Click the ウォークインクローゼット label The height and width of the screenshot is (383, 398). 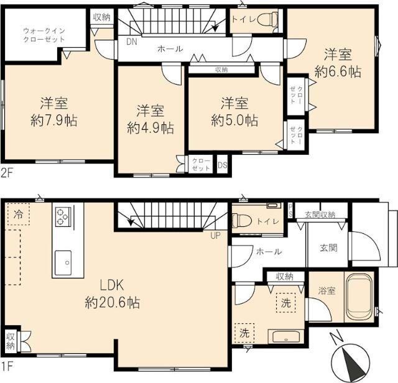click(44, 34)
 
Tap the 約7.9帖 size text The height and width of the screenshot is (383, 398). click(54, 121)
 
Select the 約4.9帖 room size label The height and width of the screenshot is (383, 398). click(150, 128)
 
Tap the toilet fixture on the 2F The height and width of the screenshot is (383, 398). click(268, 19)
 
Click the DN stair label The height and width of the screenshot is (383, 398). click(131, 42)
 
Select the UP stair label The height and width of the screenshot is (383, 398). click(216, 236)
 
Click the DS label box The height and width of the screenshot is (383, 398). click(222, 165)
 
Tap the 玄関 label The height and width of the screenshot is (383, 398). click(328, 247)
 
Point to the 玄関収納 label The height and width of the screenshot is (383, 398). click(320, 215)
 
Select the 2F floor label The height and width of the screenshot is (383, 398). click(7, 173)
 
